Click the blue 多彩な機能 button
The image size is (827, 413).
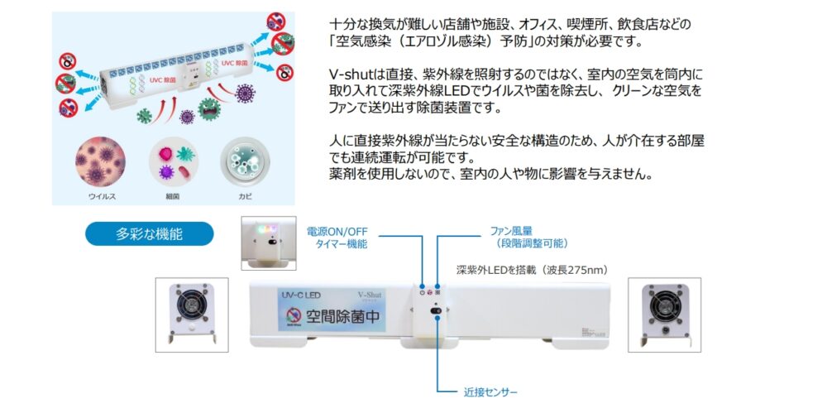pos(149,233)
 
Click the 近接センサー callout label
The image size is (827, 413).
pos(490,391)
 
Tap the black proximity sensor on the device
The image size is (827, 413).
pos(436,313)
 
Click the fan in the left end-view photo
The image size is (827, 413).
pos(197,307)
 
